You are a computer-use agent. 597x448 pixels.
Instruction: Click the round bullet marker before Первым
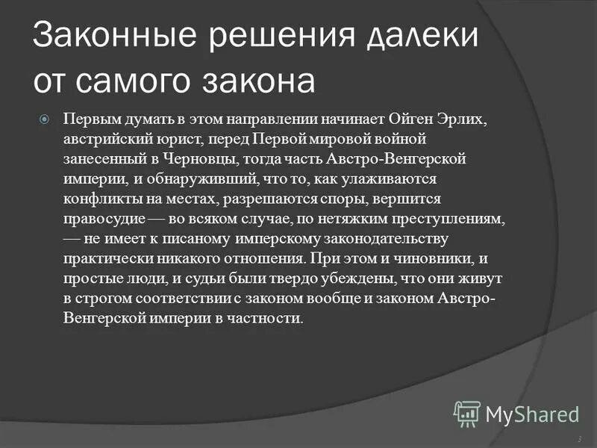click(x=44, y=119)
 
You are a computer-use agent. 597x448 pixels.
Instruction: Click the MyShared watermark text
click(x=532, y=413)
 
